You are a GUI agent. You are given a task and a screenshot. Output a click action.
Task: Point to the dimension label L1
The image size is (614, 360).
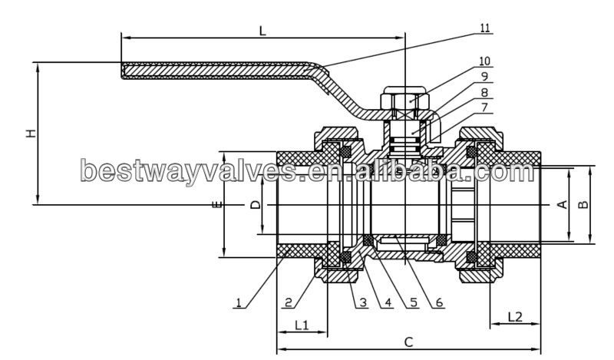coord(301,325)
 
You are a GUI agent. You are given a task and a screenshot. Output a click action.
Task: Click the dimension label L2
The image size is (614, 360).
coord(515,316)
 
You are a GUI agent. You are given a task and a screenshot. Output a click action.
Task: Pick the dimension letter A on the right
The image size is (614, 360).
coord(561,204)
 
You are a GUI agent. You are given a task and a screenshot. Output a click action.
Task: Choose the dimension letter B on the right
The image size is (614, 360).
coord(583,204)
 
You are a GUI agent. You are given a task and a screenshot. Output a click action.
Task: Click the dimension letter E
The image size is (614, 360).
coord(218,205)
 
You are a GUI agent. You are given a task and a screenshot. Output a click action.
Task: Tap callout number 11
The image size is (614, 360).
coord(484,28)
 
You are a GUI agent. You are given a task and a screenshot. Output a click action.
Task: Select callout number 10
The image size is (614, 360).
coord(484,61)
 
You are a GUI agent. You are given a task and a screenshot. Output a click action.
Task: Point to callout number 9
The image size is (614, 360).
coord(484,76)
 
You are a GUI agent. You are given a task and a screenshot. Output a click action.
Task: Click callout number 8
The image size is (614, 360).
coord(484,92)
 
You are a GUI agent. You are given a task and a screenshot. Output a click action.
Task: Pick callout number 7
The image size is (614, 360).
coord(484,108)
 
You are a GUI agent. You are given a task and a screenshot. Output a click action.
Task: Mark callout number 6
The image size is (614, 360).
coord(440,303)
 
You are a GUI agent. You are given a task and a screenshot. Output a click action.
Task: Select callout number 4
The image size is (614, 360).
coord(388,303)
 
